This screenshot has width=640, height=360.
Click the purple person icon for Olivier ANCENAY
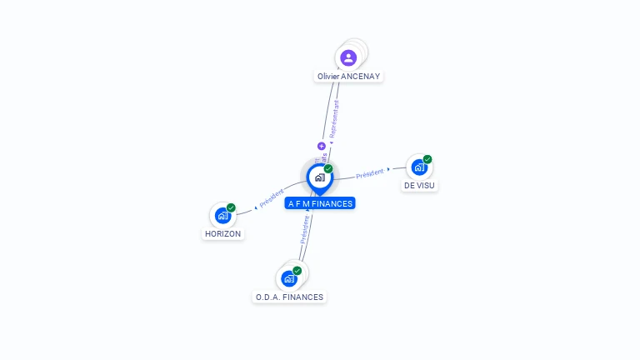tap(348, 57)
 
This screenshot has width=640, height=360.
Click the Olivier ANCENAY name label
tap(349, 76)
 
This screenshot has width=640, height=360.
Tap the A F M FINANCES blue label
tap(320, 203)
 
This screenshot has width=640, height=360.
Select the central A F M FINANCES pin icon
tap(319, 177)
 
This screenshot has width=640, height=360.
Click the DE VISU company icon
tap(419, 167)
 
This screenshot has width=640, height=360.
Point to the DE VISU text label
tap(419, 185)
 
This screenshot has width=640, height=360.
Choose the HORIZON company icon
tap(222, 215)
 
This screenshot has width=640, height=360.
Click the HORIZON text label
tap(222, 234)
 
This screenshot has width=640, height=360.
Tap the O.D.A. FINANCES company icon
tap(289, 278)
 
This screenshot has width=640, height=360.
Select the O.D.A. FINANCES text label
tap(289, 297)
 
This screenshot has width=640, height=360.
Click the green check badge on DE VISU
tap(427, 159)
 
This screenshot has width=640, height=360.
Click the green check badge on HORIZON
tap(231, 207)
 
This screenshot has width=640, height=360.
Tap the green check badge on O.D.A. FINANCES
tap(297, 271)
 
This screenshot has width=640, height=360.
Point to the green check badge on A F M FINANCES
tap(328, 169)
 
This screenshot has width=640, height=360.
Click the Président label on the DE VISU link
tap(370, 173)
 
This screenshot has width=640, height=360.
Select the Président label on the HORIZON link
tap(272, 198)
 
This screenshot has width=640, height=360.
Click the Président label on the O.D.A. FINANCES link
tap(305, 229)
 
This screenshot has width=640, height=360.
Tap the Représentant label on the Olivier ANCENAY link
tap(334, 120)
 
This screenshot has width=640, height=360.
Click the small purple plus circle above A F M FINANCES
tap(322, 146)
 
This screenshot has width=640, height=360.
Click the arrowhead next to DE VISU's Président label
tap(388, 170)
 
